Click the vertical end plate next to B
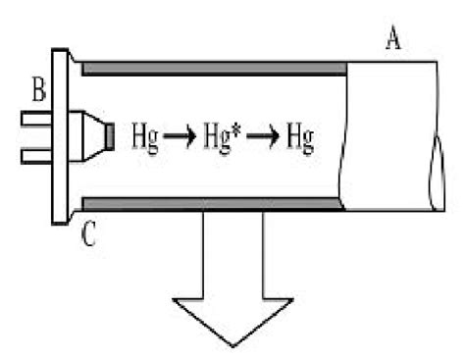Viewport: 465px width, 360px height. (x=58, y=136)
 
